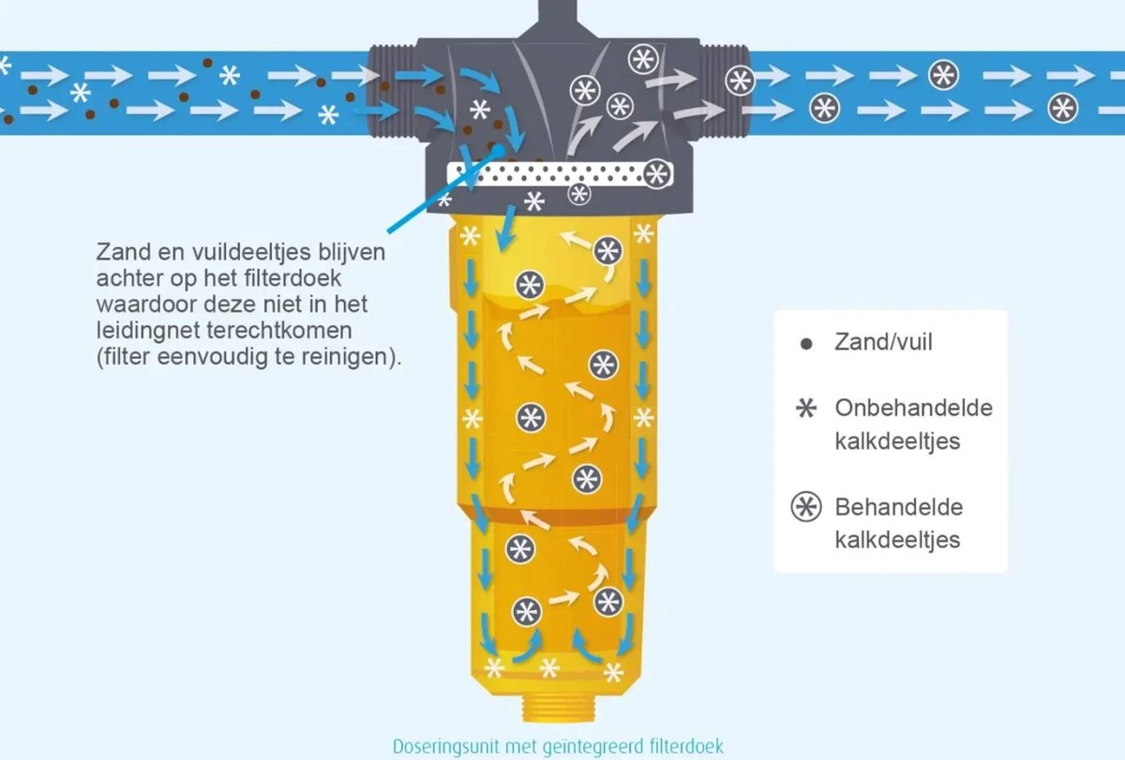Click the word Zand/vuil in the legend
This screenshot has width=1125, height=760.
tap(883, 342)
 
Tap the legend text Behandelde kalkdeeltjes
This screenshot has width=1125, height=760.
tap(898, 524)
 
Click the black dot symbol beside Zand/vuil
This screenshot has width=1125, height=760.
tap(804, 344)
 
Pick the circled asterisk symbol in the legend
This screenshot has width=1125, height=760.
tap(804, 509)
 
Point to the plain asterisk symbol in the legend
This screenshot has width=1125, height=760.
tap(804, 410)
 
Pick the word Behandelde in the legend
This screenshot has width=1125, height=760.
tap(885, 508)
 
